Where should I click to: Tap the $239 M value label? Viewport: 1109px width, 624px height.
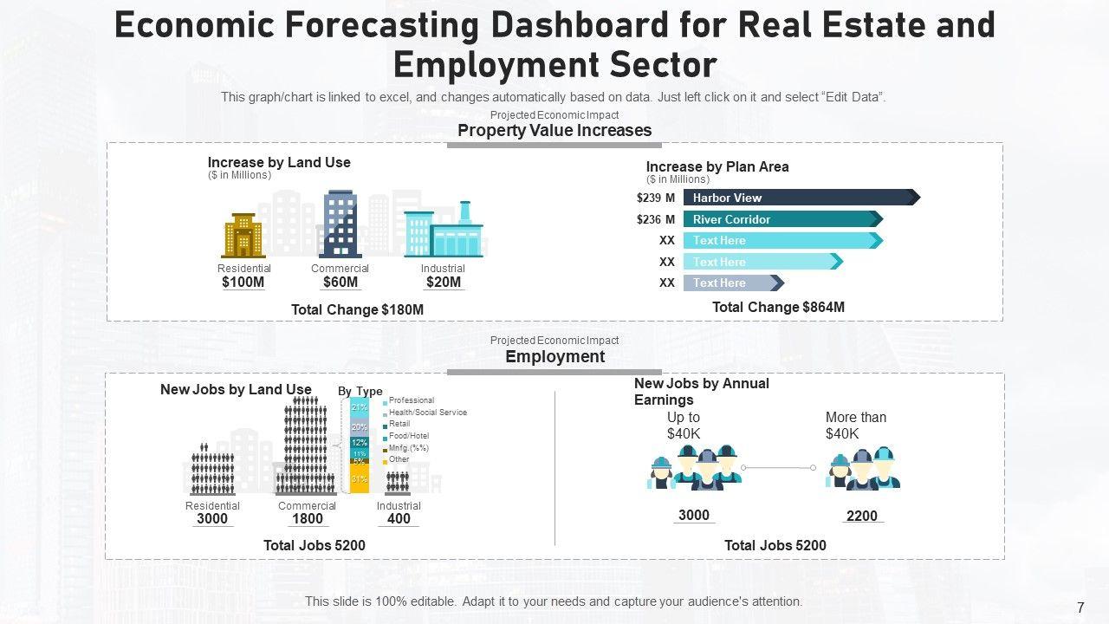(x=656, y=198)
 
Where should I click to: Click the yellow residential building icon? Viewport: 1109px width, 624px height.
(x=243, y=235)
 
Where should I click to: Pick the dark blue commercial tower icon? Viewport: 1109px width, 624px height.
(x=340, y=224)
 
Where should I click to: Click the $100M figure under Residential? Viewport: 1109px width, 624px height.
(x=243, y=282)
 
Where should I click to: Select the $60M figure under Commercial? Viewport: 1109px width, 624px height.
(x=340, y=282)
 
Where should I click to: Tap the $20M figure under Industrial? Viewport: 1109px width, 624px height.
(x=444, y=282)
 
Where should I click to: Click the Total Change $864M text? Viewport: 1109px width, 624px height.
(x=778, y=307)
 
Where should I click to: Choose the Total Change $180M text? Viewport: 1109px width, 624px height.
(x=357, y=309)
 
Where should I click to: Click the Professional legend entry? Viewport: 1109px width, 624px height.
(x=411, y=400)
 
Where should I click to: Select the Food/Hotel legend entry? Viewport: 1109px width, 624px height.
(x=408, y=436)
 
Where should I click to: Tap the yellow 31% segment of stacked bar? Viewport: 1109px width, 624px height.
(x=360, y=479)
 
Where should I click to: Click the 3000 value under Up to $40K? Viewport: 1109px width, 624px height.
(x=693, y=515)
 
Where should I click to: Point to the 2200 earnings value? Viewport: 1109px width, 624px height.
(x=861, y=516)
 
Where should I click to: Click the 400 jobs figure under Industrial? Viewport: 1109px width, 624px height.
(x=399, y=519)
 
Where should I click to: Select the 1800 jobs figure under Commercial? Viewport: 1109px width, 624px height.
(x=307, y=519)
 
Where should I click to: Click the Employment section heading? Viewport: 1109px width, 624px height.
(x=554, y=356)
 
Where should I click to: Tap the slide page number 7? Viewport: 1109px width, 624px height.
(x=1080, y=608)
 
